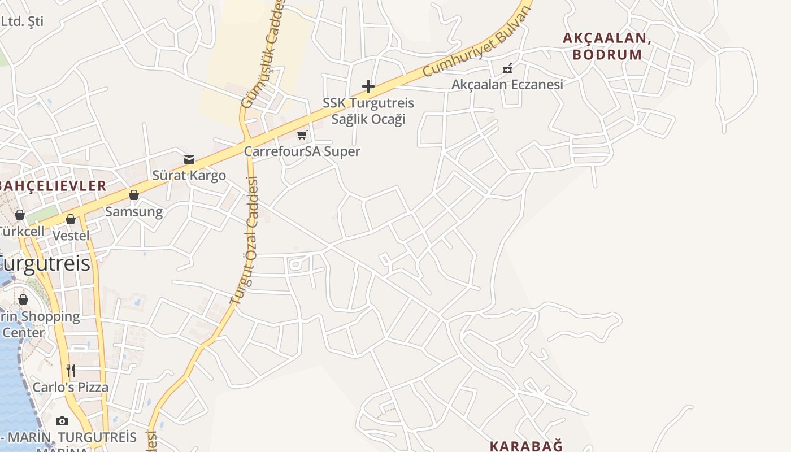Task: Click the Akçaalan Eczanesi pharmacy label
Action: coord(507,85)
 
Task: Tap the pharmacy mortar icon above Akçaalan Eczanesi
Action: coord(507,68)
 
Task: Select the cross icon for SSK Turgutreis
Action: coord(368,86)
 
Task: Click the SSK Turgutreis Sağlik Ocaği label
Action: coord(368,111)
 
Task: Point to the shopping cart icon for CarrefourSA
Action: coord(302,134)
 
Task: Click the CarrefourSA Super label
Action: coord(302,151)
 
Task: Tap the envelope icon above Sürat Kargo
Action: coord(189,159)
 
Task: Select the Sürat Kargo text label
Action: coord(189,176)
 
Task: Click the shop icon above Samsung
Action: coord(134,195)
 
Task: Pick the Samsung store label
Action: coord(134,212)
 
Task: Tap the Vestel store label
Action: coord(71,236)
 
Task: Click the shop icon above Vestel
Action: coord(71,219)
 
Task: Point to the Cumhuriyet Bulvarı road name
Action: coord(477,43)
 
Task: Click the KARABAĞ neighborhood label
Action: coord(525,446)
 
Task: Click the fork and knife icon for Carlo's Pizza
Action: coord(71,371)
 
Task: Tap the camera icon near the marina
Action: coord(62,421)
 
